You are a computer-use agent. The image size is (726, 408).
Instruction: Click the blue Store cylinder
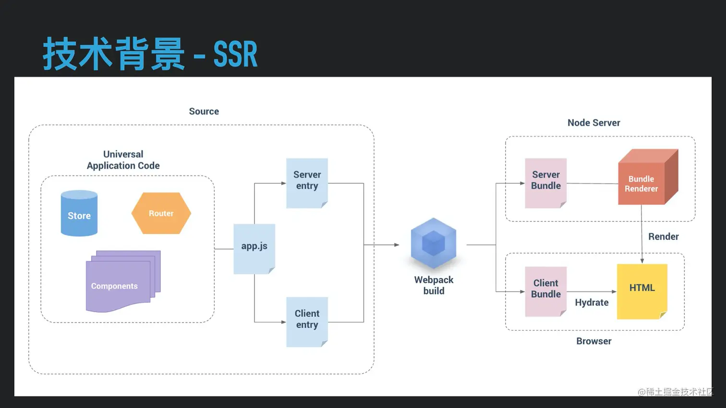point(79,213)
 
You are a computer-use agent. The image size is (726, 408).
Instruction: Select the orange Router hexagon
point(161,213)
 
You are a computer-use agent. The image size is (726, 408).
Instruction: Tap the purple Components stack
point(123,281)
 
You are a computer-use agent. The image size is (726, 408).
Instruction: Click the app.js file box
point(254,249)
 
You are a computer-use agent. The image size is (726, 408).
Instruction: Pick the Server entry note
point(307,183)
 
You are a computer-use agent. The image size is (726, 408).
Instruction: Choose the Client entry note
point(307,322)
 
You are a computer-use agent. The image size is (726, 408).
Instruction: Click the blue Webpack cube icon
point(433,243)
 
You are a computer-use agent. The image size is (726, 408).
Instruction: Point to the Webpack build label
point(434,285)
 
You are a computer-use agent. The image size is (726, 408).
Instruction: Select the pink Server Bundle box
point(546,183)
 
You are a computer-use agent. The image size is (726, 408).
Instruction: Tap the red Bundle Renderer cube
point(648,177)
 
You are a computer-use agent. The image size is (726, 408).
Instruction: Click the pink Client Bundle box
point(546,291)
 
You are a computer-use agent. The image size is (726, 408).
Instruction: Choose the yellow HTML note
point(642,291)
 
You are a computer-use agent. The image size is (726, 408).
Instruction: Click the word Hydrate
point(592,303)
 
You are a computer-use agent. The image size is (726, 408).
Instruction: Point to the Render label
point(664,236)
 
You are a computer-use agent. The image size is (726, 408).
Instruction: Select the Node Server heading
point(594,123)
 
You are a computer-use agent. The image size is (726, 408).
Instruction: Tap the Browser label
point(594,341)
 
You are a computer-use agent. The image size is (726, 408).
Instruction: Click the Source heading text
point(204,111)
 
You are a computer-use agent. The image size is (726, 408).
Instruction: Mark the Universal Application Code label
point(123,160)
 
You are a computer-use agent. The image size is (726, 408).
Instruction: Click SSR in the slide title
point(235,54)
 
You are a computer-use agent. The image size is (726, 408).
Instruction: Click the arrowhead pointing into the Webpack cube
point(397,245)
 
